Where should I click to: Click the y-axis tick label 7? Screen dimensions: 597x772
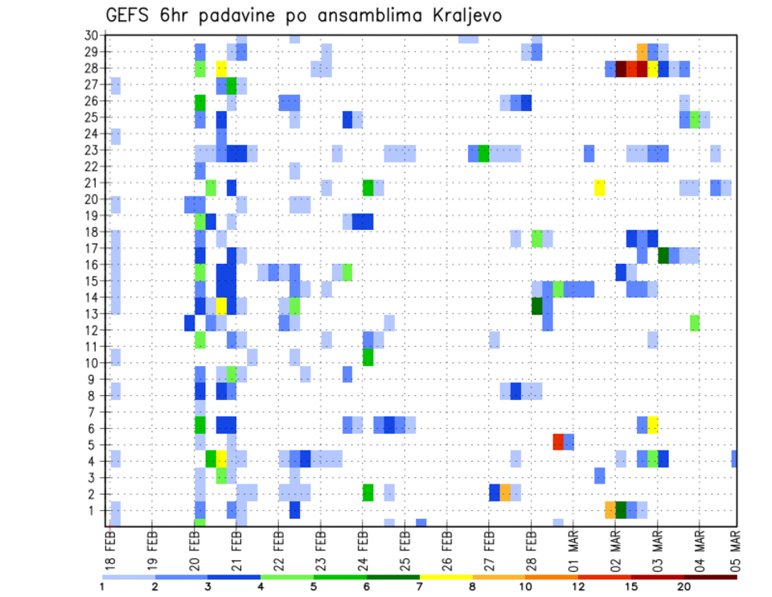point(93,412)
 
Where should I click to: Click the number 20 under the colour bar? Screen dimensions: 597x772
point(684,586)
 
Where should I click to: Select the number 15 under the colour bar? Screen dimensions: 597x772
point(631,586)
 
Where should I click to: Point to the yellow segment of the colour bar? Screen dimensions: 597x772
point(446,577)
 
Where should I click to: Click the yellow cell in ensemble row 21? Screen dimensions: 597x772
point(600,187)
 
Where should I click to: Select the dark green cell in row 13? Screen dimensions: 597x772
point(537,306)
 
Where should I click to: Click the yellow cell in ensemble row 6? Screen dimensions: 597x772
point(653,425)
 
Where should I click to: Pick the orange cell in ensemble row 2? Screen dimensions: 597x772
point(505,492)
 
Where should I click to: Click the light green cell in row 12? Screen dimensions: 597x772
point(695,323)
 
